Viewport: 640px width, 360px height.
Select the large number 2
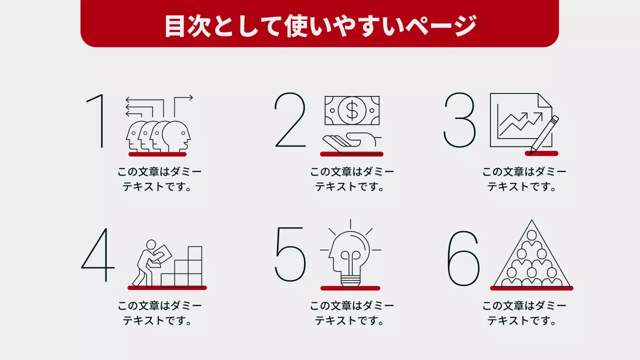tap(290, 120)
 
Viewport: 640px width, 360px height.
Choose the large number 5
tap(290, 254)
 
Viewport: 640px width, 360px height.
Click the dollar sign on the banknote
tap(352, 110)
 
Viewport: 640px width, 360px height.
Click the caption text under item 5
tap(351, 313)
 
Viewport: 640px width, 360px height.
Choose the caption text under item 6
tap(524, 313)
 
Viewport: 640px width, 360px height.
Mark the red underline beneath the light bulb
tap(350, 288)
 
